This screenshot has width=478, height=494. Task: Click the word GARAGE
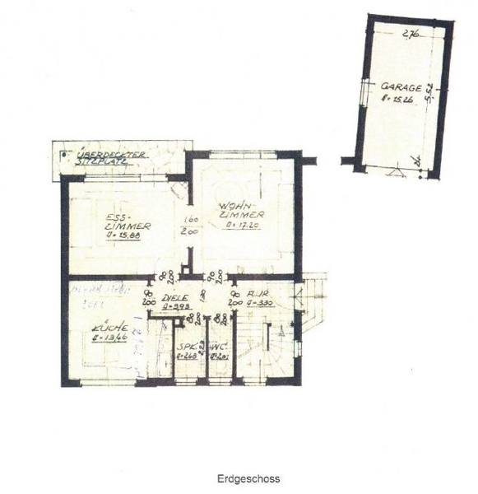tap(401, 86)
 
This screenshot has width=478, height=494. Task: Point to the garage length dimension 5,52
tap(429, 92)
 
